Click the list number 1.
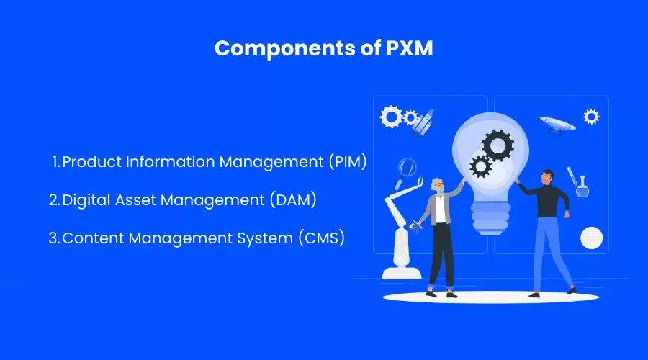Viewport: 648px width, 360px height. (56, 162)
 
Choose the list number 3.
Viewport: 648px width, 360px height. (53, 238)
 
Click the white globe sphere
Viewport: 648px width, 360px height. (591, 237)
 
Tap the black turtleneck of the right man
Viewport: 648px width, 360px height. (546, 202)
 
